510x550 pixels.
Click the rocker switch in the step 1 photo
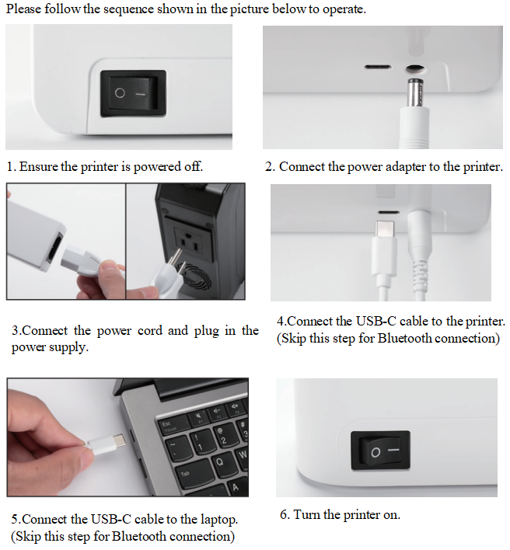click(133, 93)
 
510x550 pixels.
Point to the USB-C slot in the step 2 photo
click(378, 68)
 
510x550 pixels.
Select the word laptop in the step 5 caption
click(219, 519)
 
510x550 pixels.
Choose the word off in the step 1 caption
click(195, 167)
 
